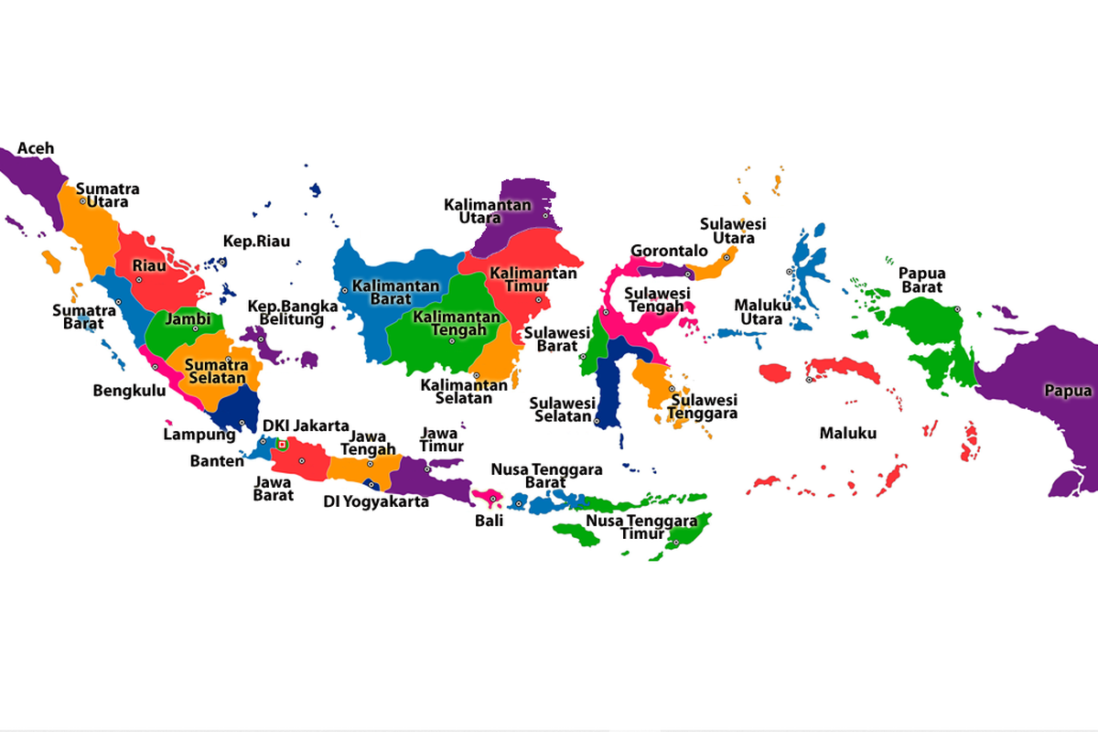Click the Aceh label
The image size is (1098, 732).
(36, 148)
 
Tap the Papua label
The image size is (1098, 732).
(1068, 391)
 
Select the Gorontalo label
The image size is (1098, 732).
(656, 251)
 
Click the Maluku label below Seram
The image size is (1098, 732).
(847, 433)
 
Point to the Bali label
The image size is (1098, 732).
(489, 522)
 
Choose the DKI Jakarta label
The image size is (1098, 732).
(306, 425)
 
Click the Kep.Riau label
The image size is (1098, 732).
(256, 242)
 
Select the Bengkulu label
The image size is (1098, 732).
(129, 391)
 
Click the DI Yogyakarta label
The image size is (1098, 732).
(376, 501)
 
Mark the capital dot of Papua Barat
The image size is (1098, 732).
(957, 309)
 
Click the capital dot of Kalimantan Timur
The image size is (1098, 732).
(538, 299)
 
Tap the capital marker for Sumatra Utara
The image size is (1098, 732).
(82, 200)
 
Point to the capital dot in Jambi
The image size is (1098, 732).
(194, 328)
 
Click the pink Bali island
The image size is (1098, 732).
(485, 496)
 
